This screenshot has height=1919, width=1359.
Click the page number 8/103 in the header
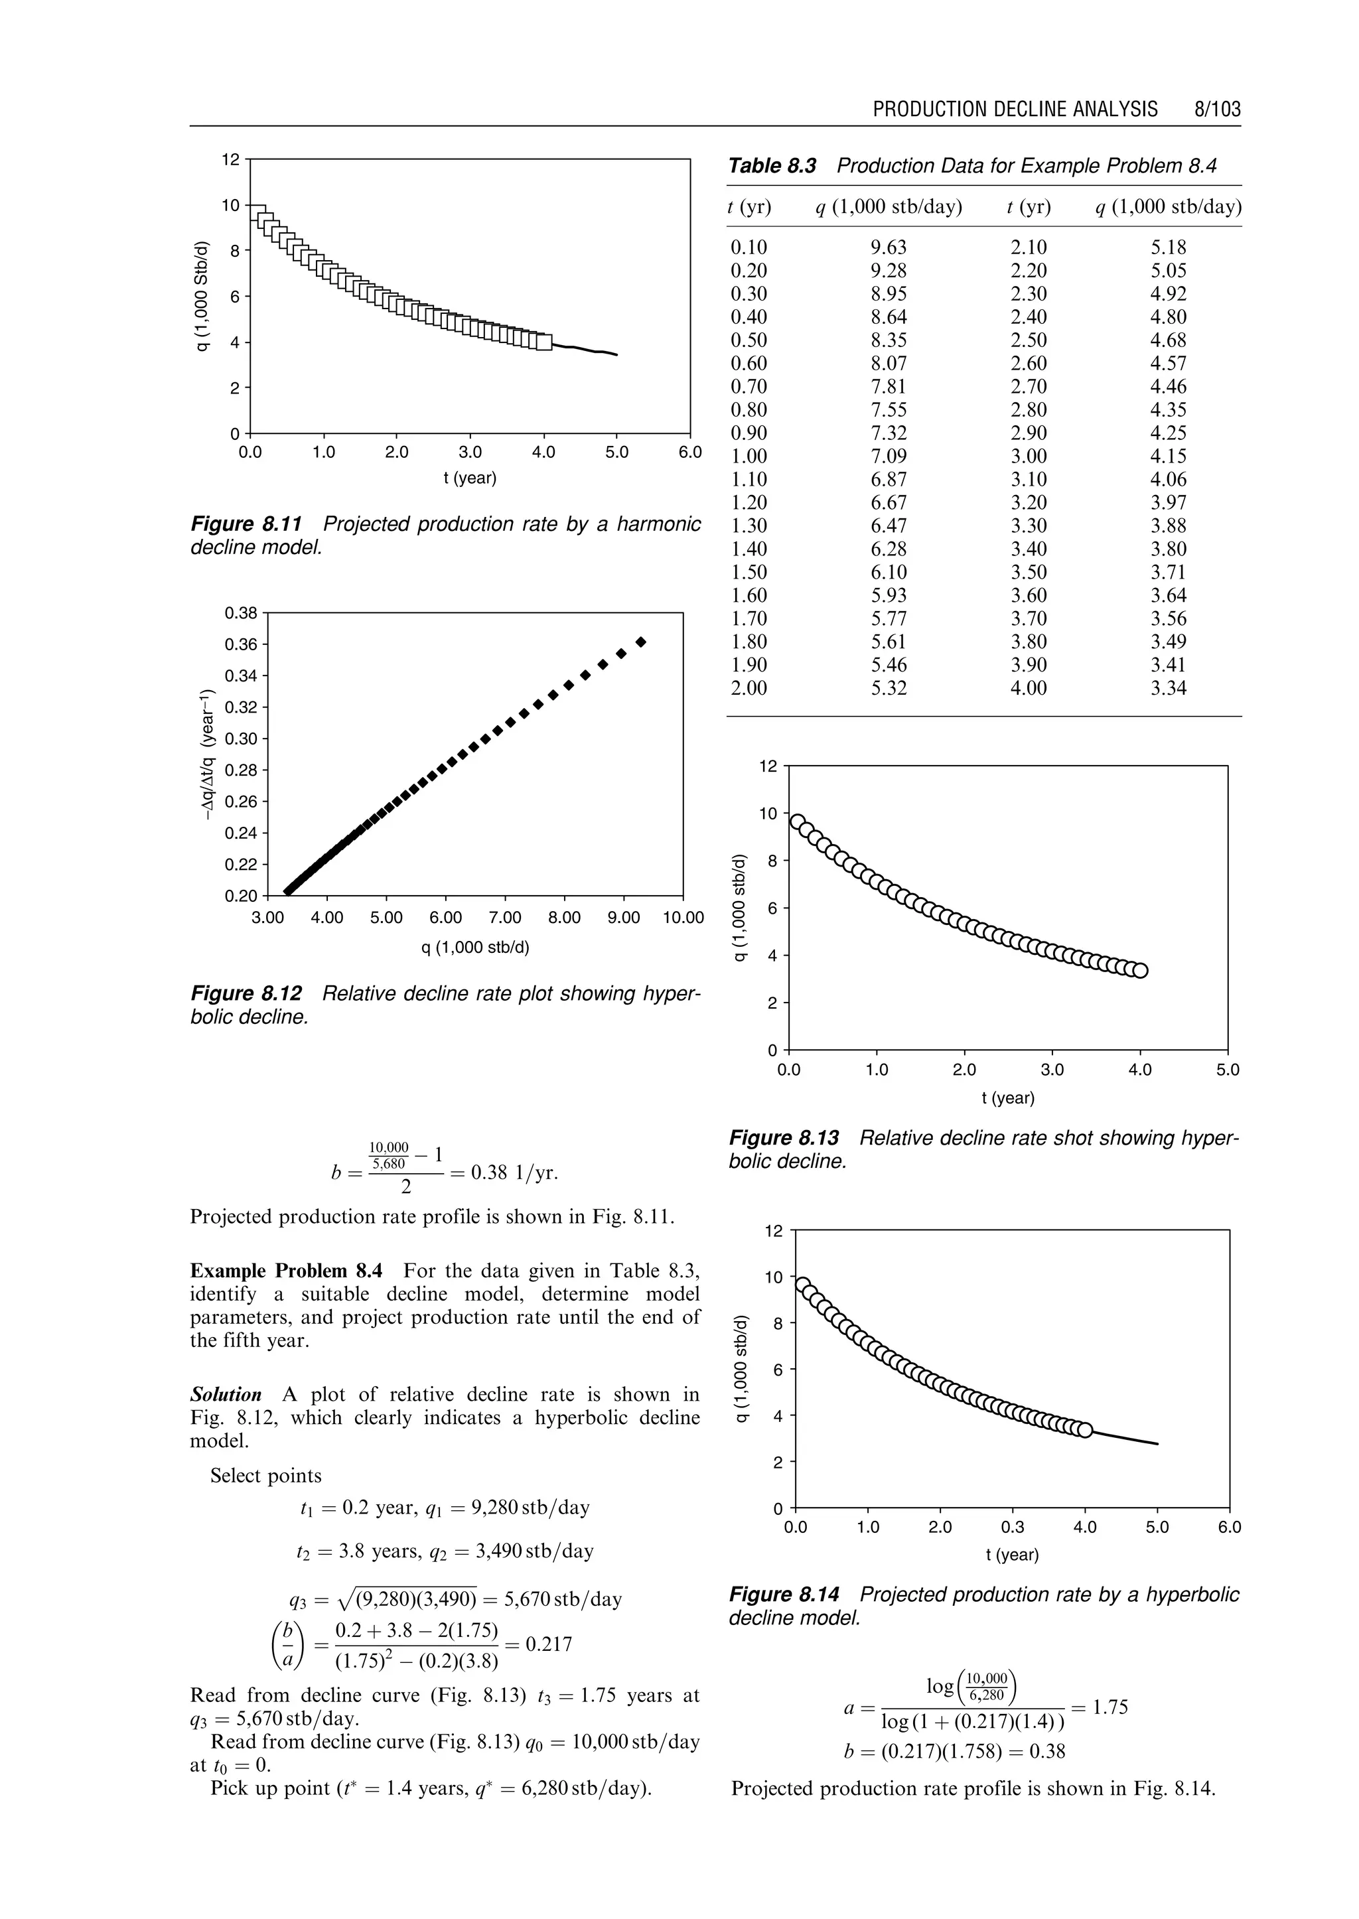[x=1218, y=109]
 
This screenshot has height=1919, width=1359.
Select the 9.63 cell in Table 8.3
[x=889, y=248]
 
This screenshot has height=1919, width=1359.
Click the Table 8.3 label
[x=772, y=166]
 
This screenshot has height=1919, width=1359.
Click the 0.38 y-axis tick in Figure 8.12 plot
[x=241, y=612]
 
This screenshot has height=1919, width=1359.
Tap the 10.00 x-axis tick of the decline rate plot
[x=683, y=918]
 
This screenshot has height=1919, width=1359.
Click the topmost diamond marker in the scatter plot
[x=641, y=642]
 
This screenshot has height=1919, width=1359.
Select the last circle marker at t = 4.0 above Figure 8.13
[x=1141, y=971]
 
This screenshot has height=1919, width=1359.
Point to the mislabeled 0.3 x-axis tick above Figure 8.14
[x=1013, y=1528]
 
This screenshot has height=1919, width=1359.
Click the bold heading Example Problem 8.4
[x=286, y=1271]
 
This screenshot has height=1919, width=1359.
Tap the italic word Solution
[x=226, y=1395]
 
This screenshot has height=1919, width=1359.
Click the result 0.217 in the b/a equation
[x=548, y=1644]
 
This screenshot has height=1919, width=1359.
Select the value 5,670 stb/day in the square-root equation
[x=563, y=1599]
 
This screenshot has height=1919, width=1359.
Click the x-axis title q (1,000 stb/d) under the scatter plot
[x=474, y=948]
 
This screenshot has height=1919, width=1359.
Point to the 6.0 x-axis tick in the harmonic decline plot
[x=690, y=453]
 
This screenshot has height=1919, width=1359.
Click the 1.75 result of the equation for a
[x=1110, y=1707]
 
